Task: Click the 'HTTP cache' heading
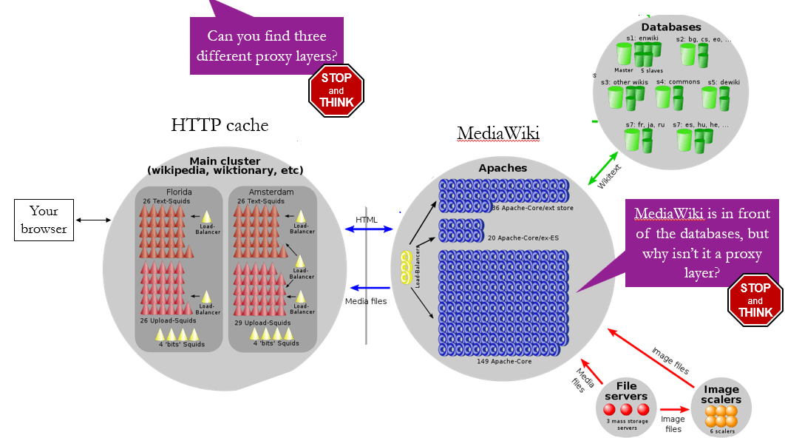(220, 125)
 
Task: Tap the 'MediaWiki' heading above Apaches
(498, 133)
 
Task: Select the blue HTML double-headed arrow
(367, 229)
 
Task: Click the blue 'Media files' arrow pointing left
(370, 288)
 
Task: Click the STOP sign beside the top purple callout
(337, 90)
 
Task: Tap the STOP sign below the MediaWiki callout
(755, 300)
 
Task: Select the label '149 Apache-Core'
(504, 362)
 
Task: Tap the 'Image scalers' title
(721, 395)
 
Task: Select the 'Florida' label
(178, 192)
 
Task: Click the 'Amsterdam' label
(273, 192)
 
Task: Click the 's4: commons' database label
(673, 82)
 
